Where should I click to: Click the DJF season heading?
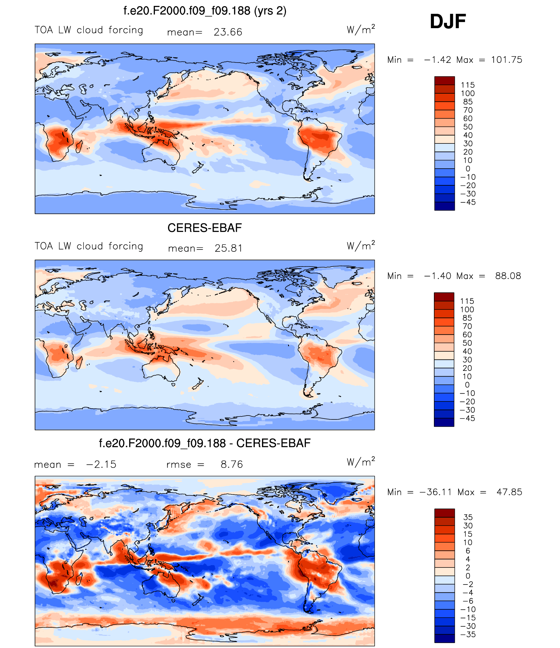pyautogui.click(x=448, y=22)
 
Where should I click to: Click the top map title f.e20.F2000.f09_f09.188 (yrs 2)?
pyautogui.click(x=205, y=11)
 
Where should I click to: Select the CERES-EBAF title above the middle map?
pyautogui.click(x=204, y=228)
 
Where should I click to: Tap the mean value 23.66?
pyautogui.click(x=228, y=32)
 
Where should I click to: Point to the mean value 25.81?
pyautogui.click(x=229, y=248)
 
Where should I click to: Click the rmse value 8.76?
pyautogui.click(x=232, y=464)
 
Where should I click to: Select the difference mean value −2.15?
pyautogui.click(x=101, y=464)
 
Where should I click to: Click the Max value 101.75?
pyautogui.click(x=506, y=60)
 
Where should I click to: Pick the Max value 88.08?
pyautogui.click(x=508, y=276)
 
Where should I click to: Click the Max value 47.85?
pyautogui.click(x=509, y=492)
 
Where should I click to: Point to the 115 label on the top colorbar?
pyautogui.click(x=468, y=85)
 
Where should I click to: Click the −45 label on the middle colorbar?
pyautogui.click(x=467, y=418)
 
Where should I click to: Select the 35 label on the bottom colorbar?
pyautogui.click(x=468, y=517)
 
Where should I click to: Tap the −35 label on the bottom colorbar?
pyautogui.click(x=468, y=634)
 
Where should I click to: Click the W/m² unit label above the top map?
pyautogui.click(x=361, y=29)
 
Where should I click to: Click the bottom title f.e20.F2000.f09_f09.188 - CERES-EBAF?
pyautogui.click(x=205, y=443)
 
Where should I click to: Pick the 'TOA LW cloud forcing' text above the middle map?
pyautogui.click(x=89, y=246)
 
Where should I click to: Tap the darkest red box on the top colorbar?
pyautogui.click(x=444, y=81)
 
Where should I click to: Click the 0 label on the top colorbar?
pyautogui.click(x=468, y=169)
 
